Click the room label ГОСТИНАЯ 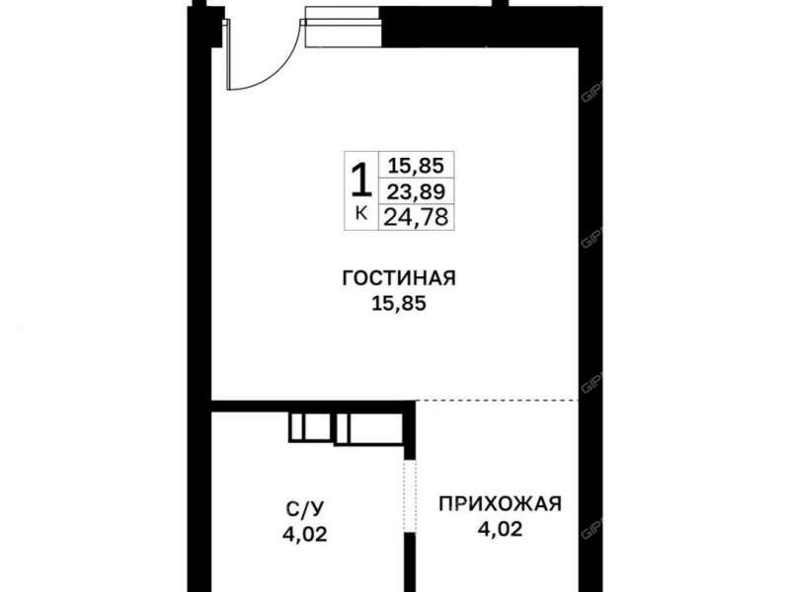pos(398,279)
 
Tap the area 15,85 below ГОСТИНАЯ pos(398,303)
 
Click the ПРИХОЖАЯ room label pos(500,504)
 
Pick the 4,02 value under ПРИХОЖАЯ pos(500,529)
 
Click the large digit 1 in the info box pos(361,181)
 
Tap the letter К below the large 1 pos(361,213)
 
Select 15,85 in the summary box pos(415,167)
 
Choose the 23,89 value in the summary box pos(415,191)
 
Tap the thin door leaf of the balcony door pos(228,54)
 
